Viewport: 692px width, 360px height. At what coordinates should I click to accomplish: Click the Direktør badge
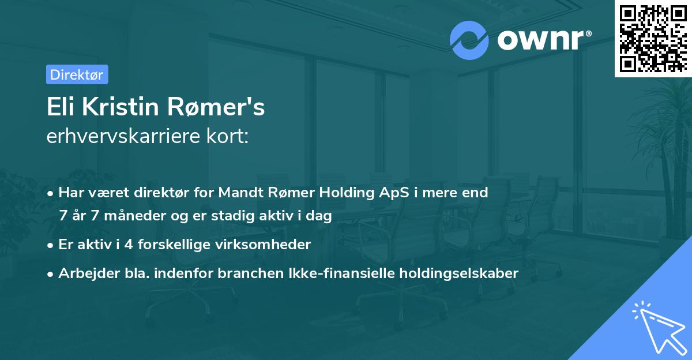click(77, 74)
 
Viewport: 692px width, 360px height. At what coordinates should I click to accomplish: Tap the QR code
click(652, 38)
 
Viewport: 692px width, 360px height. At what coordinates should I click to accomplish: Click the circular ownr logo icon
click(469, 40)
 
